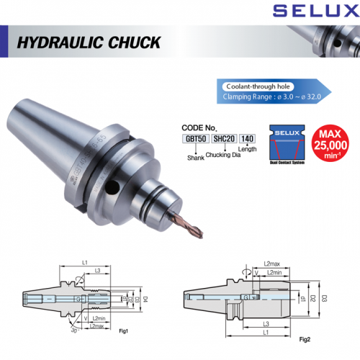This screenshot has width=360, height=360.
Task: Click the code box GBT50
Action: click(192, 137)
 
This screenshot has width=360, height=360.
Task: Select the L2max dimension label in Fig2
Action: click(271, 266)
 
